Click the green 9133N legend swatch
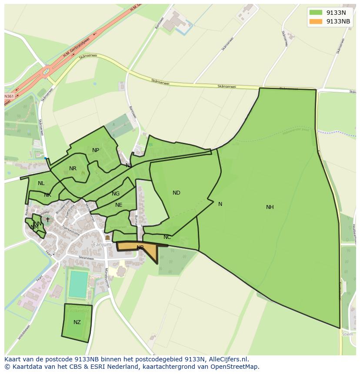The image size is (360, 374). [316, 13]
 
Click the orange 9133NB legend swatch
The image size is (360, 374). [316, 21]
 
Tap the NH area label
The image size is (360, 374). [270, 207]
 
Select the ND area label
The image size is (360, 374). [176, 193]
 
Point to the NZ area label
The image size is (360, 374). [77, 322]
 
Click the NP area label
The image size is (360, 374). [96, 150]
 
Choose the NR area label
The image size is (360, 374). [73, 169]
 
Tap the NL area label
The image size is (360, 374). [41, 183]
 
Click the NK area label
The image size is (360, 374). [47, 195]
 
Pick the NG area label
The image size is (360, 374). [116, 194]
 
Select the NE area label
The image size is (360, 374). [119, 205]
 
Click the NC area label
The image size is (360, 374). [167, 237]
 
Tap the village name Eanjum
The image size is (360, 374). [103, 245]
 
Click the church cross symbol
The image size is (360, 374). [47, 220]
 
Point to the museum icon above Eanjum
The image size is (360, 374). [107, 238]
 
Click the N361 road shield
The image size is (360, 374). [9, 96]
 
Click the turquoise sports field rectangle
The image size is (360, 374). [78, 284]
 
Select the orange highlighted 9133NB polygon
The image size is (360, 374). [148, 250]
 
